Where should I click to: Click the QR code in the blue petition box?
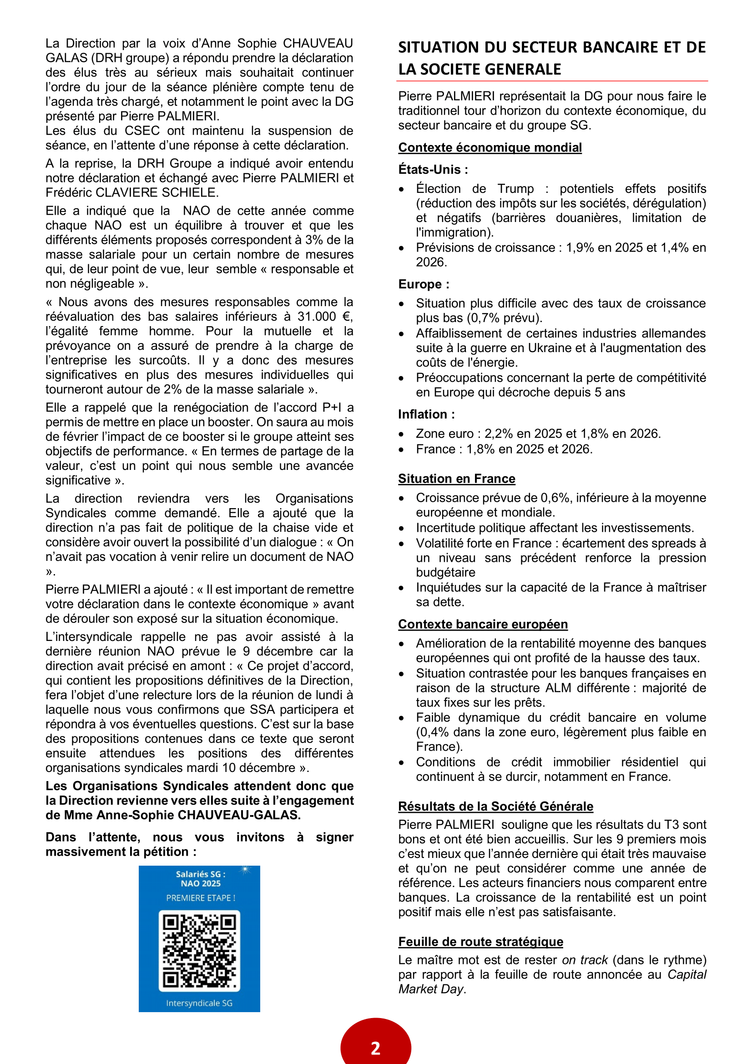(199, 950)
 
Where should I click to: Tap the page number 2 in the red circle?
(375, 1048)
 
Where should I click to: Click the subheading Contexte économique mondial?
(490, 147)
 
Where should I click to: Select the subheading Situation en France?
(456, 479)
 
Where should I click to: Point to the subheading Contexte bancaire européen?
(483, 624)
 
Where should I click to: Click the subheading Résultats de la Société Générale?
(495, 807)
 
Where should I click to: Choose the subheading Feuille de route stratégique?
(480, 942)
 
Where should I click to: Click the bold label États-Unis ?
(433, 170)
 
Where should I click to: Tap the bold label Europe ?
(424, 284)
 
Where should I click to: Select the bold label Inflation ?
(426, 414)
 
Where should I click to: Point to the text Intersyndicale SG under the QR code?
(199, 1003)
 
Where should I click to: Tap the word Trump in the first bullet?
(515, 189)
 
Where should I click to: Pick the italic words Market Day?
(431, 989)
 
